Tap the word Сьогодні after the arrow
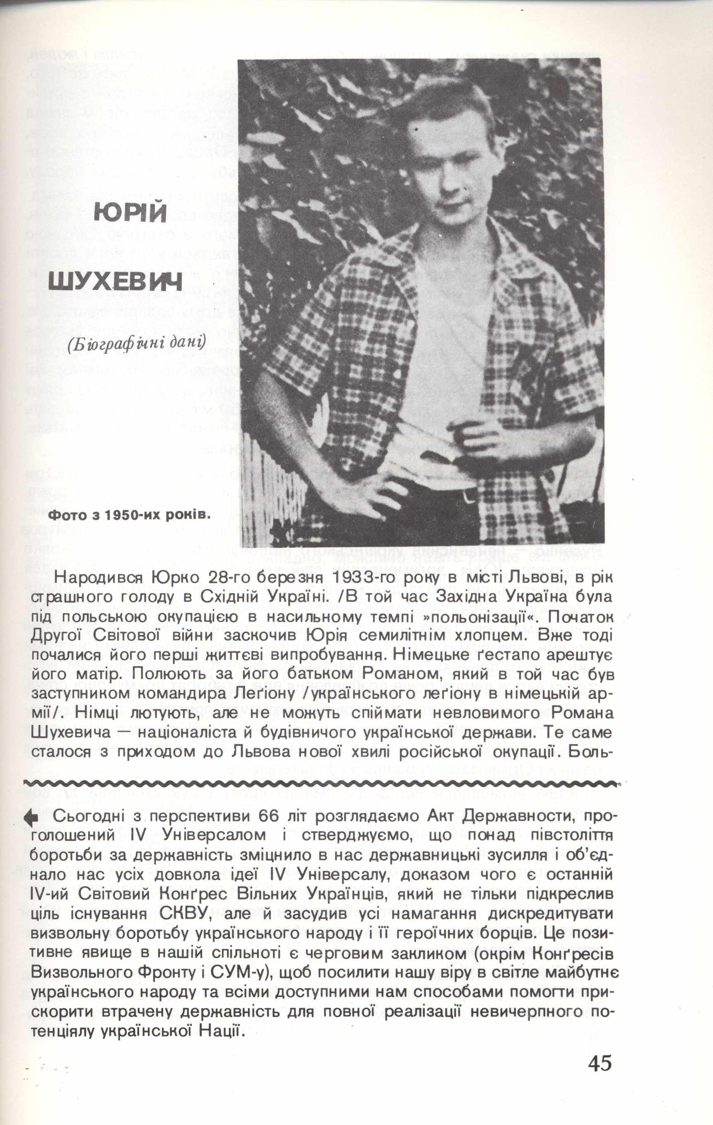[x=87, y=817]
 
